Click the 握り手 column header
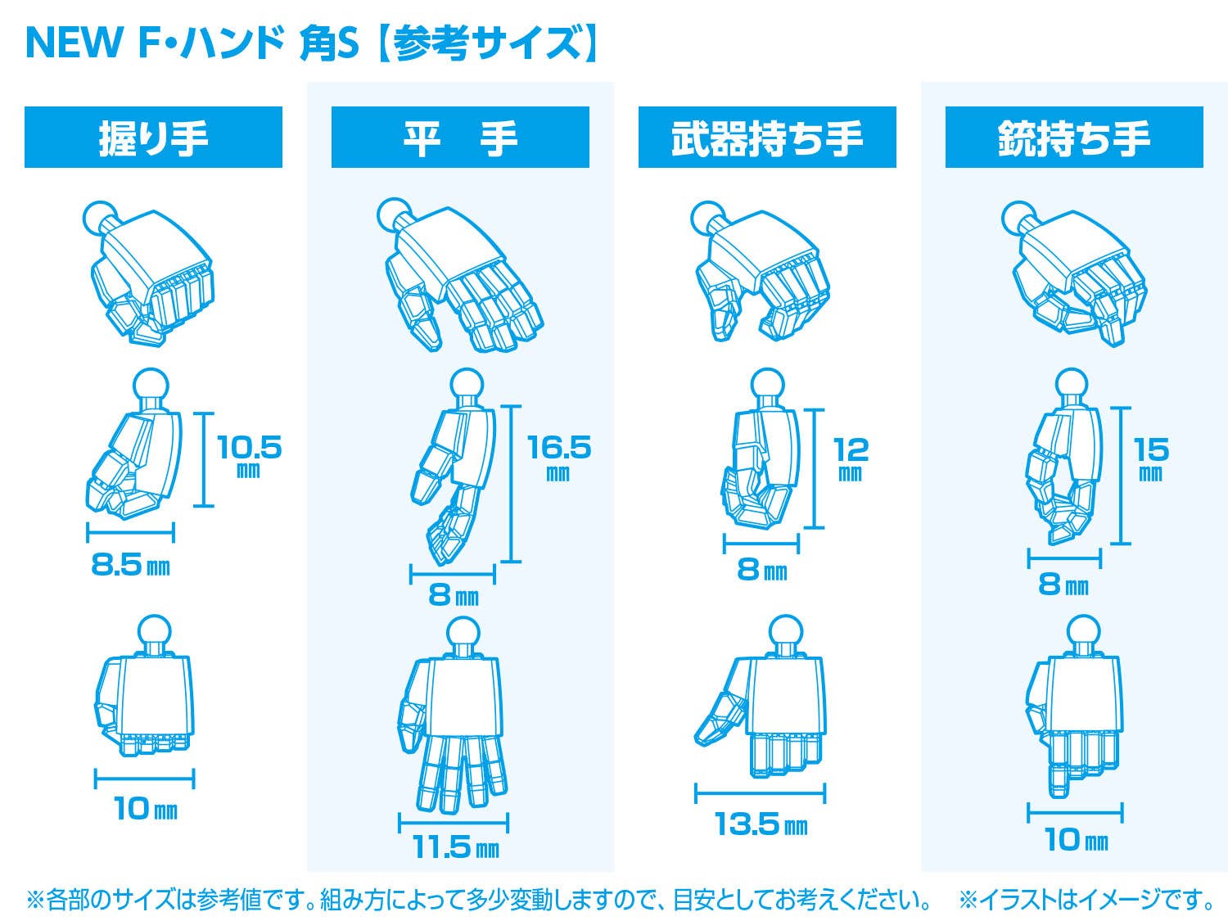coord(153,137)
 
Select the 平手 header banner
coord(460,137)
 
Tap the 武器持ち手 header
coord(767,137)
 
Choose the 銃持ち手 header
coord(1074,137)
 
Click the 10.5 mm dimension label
coord(250,456)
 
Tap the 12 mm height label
coord(851,458)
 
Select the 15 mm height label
coord(1151,458)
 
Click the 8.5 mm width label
coord(130,566)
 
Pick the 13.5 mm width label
coord(761,824)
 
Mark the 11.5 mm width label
coord(455,847)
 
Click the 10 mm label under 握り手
coord(146,808)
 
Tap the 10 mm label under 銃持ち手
coord(1076,839)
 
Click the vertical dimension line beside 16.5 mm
coord(511,484)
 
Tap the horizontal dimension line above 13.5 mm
coord(761,793)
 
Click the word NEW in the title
coord(74,43)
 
